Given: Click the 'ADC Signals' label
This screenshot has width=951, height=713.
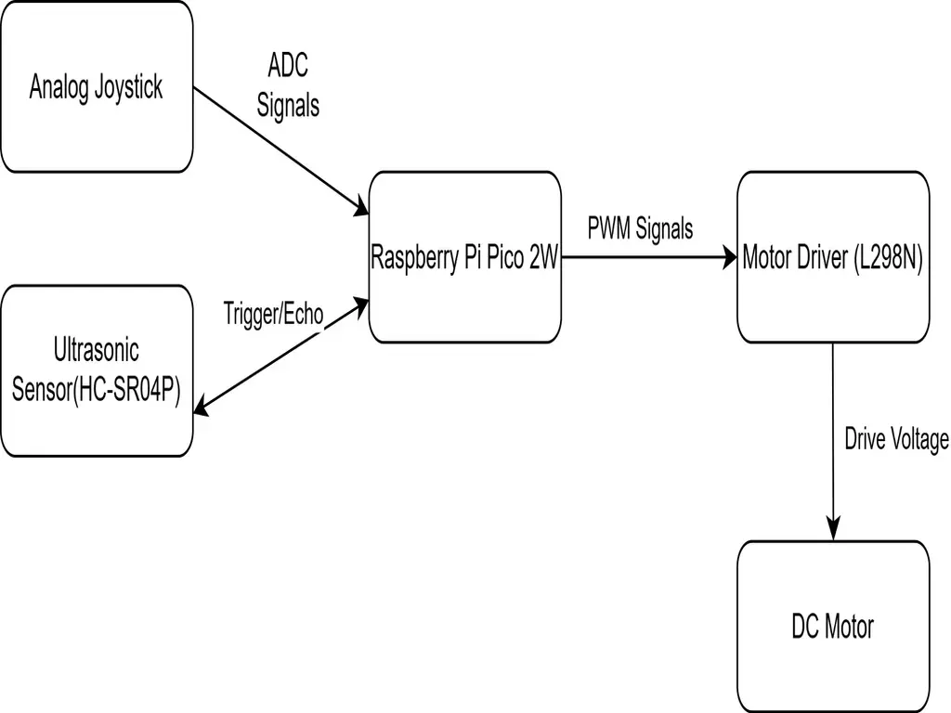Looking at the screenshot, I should (x=288, y=86).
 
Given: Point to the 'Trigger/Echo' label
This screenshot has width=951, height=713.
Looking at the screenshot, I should (x=273, y=314).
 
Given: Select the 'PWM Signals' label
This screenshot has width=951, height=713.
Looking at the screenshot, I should (x=640, y=228).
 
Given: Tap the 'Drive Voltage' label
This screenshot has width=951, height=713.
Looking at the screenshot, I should (x=896, y=439).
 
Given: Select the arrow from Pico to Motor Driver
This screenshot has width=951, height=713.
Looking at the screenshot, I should (x=650, y=258).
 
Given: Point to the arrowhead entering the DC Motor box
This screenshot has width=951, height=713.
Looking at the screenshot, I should (x=833, y=531).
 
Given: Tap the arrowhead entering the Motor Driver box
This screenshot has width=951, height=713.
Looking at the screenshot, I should (x=728, y=258).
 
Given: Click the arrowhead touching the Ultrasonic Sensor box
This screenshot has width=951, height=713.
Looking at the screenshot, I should (x=202, y=405).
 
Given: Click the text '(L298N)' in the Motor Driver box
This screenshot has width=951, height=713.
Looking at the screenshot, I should (x=887, y=258).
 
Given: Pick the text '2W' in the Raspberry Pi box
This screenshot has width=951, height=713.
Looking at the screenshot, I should (x=542, y=258).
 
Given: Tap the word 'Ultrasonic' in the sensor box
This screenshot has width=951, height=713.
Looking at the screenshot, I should (x=96, y=350).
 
